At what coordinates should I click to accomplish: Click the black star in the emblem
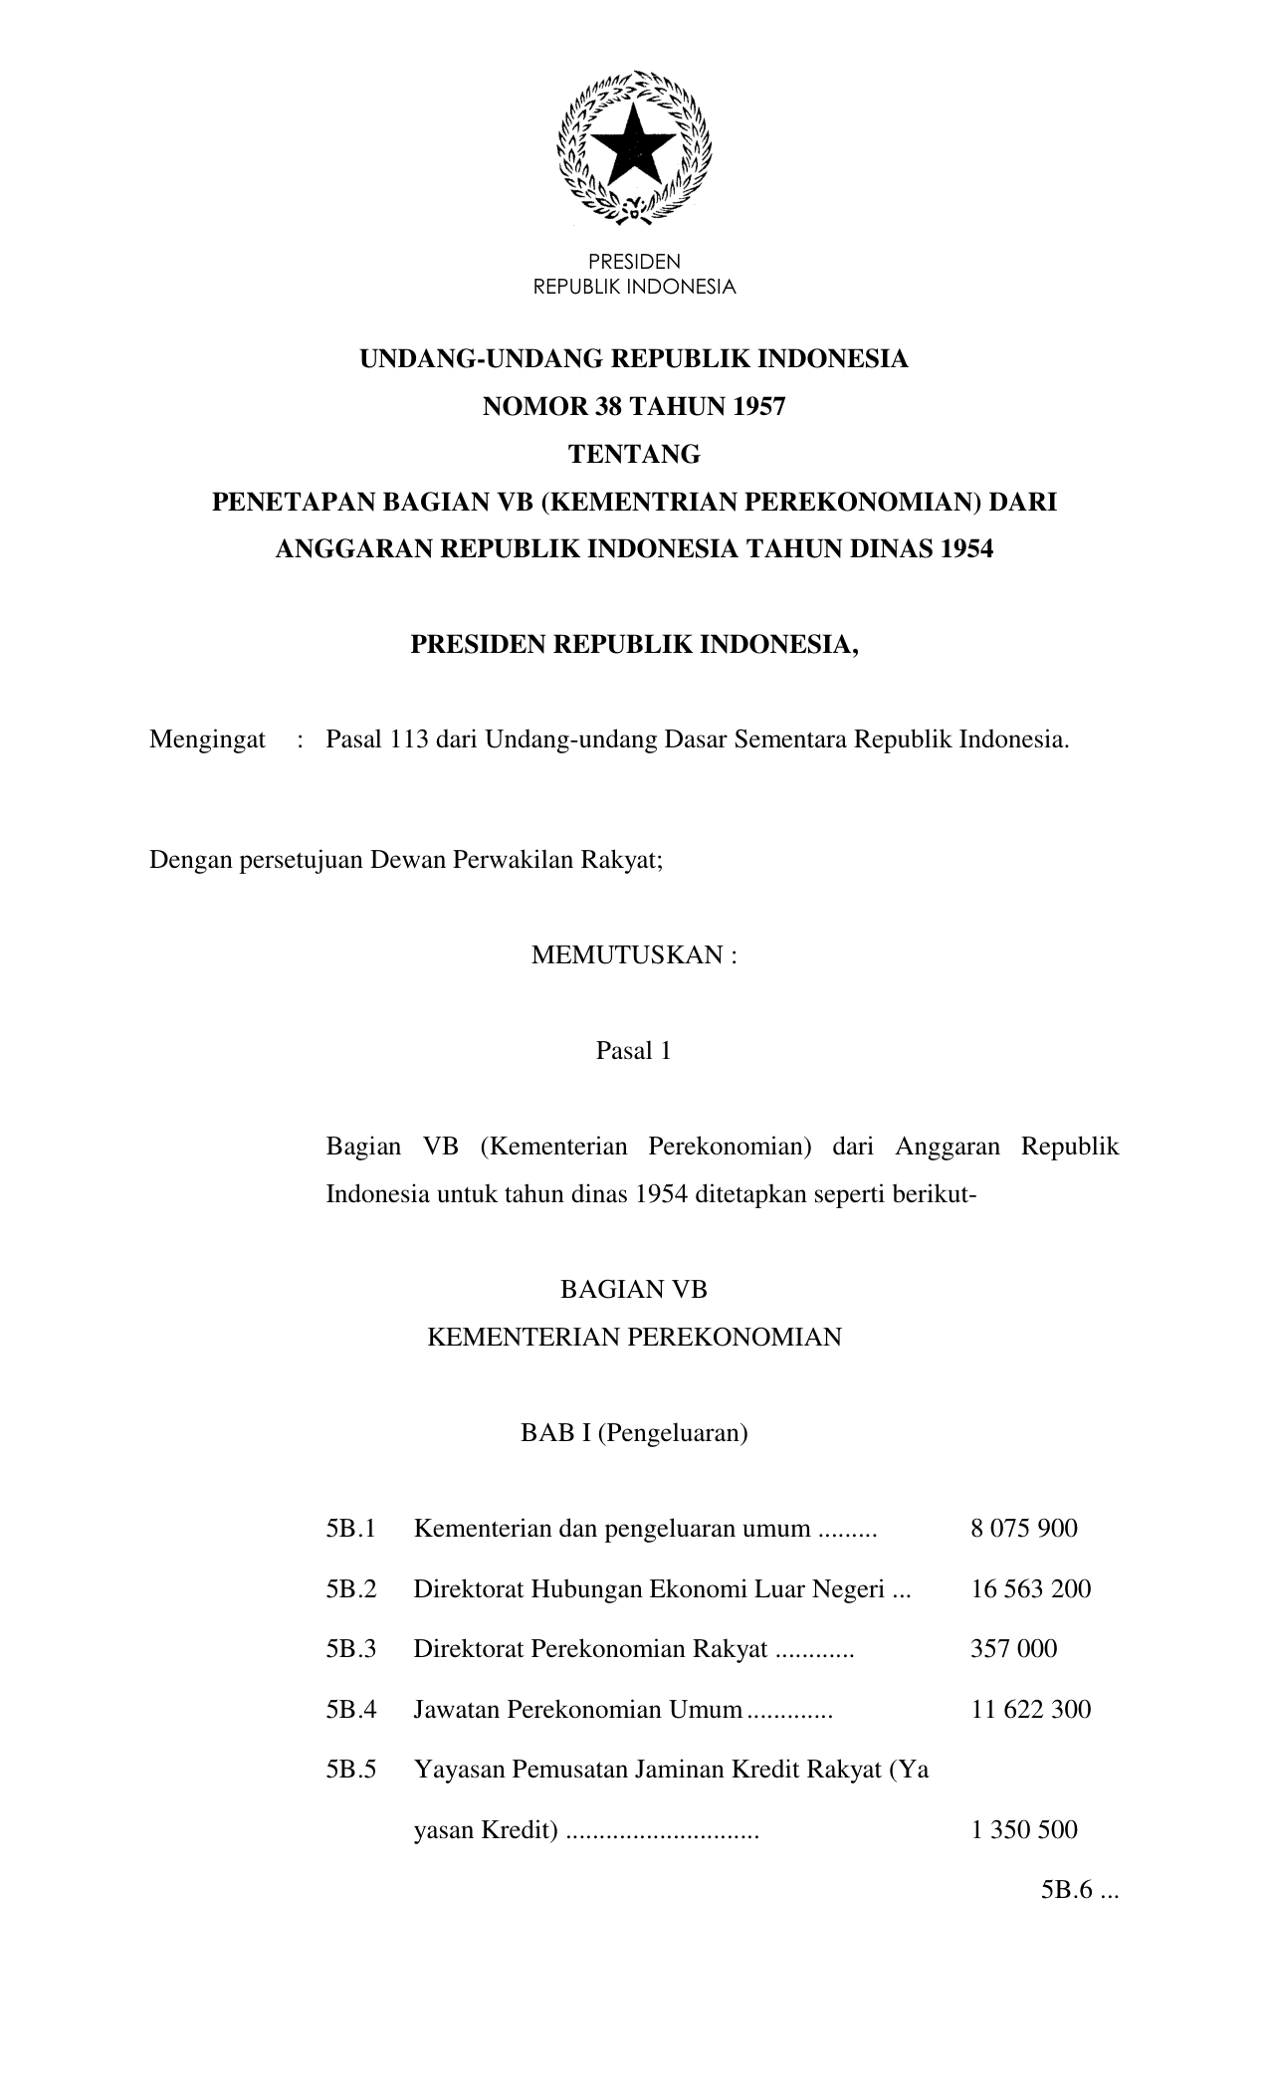click(634, 143)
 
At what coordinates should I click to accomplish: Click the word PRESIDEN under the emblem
click(634, 262)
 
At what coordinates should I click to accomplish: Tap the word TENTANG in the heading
click(634, 455)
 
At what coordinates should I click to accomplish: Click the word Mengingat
click(207, 739)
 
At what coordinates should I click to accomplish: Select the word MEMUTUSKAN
click(625, 955)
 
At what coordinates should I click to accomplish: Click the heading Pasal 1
click(633, 1051)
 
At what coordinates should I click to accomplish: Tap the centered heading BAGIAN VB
click(633, 1290)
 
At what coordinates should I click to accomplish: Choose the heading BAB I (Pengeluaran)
click(634, 1433)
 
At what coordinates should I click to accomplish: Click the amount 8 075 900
click(1023, 1529)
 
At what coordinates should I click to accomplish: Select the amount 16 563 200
click(1030, 1588)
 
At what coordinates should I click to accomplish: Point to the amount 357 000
click(1013, 1649)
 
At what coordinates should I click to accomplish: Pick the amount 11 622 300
click(1030, 1710)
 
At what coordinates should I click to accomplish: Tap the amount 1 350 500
click(1023, 1830)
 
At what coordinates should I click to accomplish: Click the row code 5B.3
click(350, 1649)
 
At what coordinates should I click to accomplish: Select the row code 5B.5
click(350, 1771)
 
